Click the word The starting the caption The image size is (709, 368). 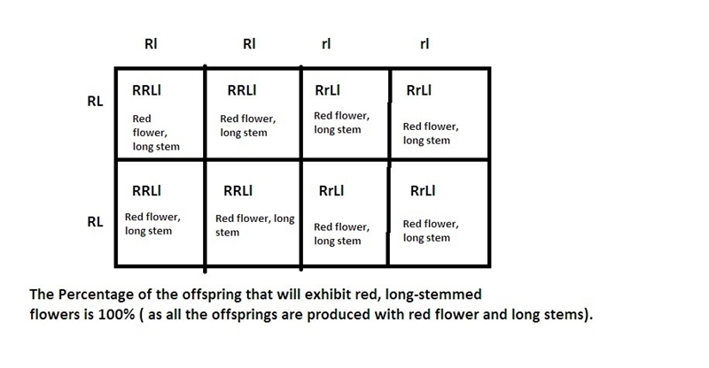coord(42,295)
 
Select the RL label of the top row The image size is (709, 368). coord(95,101)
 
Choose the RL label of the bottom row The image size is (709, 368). coord(95,222)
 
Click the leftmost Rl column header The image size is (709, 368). coord(151,44)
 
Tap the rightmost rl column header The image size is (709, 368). coord(425,44)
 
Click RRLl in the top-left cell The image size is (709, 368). coord(146,90)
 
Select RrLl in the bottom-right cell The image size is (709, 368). coord(423,190)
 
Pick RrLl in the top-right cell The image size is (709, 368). coord(419,90)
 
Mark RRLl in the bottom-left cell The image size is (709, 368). coord(146,190)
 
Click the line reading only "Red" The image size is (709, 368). coord(142,119)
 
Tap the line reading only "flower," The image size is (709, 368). coord(150,133)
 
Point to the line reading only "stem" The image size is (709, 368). coord(228,233)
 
